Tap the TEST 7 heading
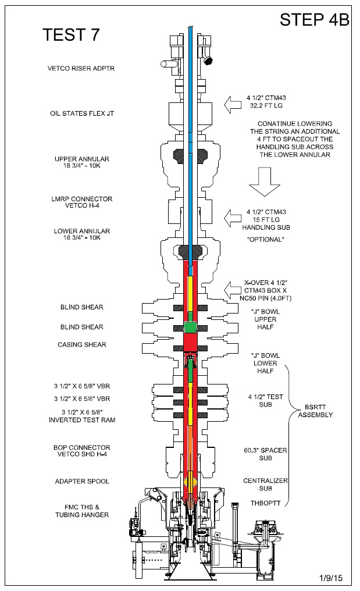click(71, 35)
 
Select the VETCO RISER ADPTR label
click(81, 69)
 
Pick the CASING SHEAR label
click(82, 345)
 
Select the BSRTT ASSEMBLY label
click(315, 411)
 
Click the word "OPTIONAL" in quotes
click(265, 239)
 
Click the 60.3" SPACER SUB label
click(266, 454)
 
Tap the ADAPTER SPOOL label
click(82, 481)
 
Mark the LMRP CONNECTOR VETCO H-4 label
click(82, 203)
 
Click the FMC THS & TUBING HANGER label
click(82, 511)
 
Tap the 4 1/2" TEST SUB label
click(266, 400)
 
